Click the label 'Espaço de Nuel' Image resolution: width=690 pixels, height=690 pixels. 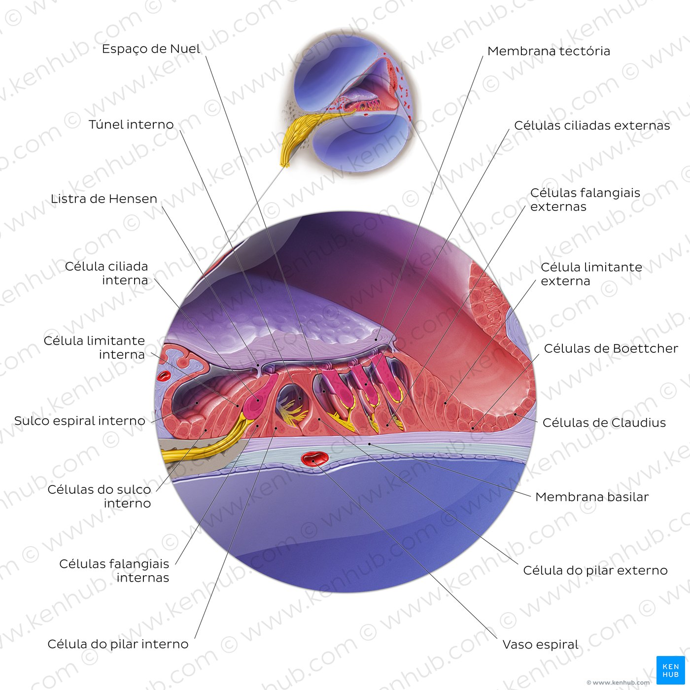(151, 49)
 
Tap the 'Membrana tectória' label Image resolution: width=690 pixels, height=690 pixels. (549, 51)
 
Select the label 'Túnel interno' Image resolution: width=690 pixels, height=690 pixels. (131, 125)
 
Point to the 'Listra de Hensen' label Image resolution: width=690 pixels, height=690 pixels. (104, 199)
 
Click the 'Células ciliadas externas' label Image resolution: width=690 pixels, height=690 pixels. (592, 126)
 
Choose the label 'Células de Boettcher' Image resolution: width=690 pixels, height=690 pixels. (611, 348)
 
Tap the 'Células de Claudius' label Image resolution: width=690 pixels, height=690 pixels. (604, 423)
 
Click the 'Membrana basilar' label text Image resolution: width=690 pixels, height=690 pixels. (592, 497)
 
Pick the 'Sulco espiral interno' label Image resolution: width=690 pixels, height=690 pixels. (79, 421)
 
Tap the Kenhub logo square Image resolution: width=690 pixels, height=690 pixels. (670, 670)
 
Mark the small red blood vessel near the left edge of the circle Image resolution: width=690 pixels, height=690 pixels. (164, 376)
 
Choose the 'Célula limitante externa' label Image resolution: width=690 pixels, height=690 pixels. (591, 275)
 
